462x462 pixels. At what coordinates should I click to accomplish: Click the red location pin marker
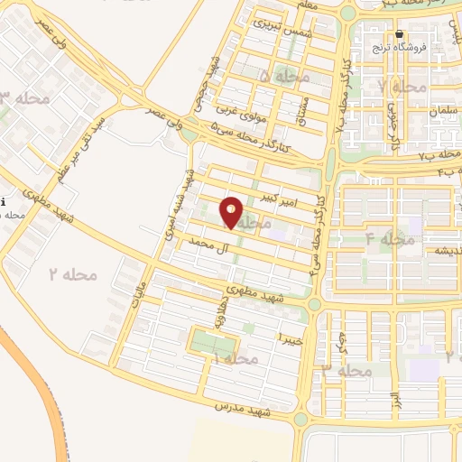click(232, 213)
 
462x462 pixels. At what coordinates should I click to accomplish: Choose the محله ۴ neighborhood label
click(389, 239)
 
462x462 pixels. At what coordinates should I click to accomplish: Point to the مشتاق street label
click(301, 109)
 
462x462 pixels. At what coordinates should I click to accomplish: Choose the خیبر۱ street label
click(288, 338)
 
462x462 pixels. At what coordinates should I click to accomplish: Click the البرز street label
click(393, 400)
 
